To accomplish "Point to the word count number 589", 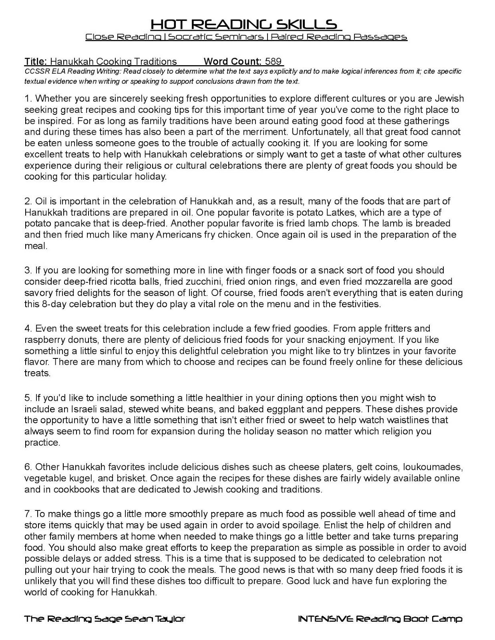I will click(x=273, y=62).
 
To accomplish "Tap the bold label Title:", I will click(x=36, y=62).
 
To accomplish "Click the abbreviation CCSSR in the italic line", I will click(x=35, y=72).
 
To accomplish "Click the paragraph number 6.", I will click(x=27, y=467).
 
